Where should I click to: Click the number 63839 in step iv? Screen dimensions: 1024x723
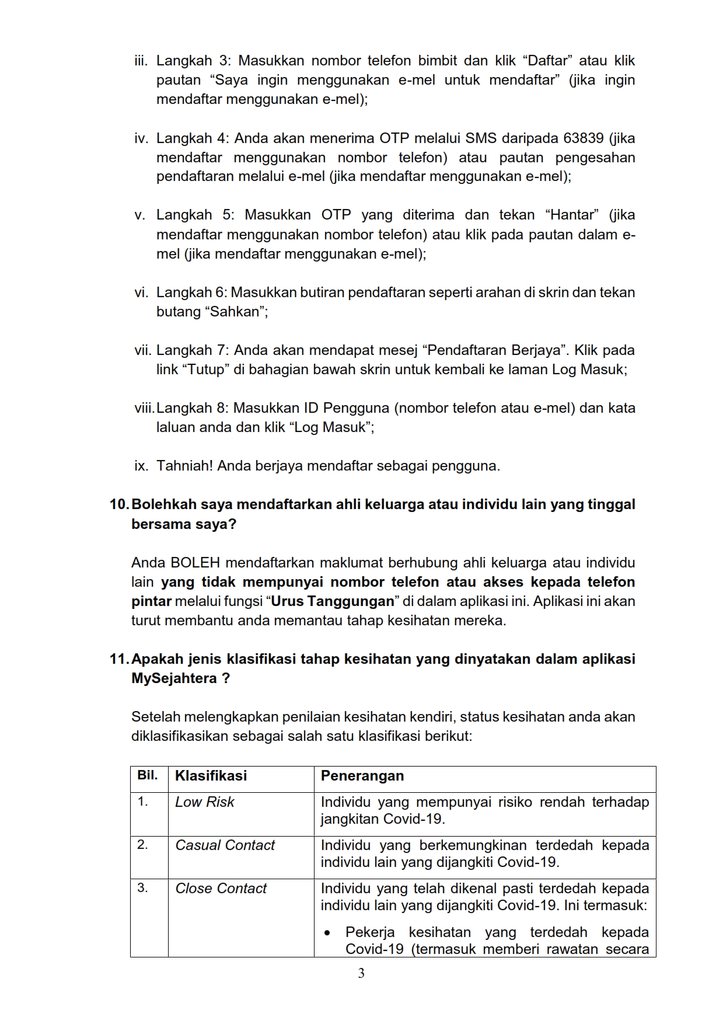tap(584, 138)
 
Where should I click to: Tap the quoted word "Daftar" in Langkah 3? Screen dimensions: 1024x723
tap(544, 61)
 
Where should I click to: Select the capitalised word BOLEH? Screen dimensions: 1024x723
tap(195, 563)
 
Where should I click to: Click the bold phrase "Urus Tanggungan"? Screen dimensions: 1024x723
tap(333, 601)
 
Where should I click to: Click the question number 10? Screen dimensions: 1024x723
tap(119, 504)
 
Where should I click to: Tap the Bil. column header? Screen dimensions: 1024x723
tap(148, 775)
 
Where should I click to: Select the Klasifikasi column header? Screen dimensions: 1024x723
tap(211, 776)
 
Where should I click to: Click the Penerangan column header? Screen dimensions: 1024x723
tap(362, 776)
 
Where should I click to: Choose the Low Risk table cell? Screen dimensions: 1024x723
tap(204, 802)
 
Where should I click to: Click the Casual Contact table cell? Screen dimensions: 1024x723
tap(225, 845)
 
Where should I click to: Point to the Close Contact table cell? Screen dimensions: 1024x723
tap(221, 889)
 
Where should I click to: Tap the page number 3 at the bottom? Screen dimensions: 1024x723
tap(361, 973)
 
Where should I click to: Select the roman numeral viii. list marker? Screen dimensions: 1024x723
tap(144, 408)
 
